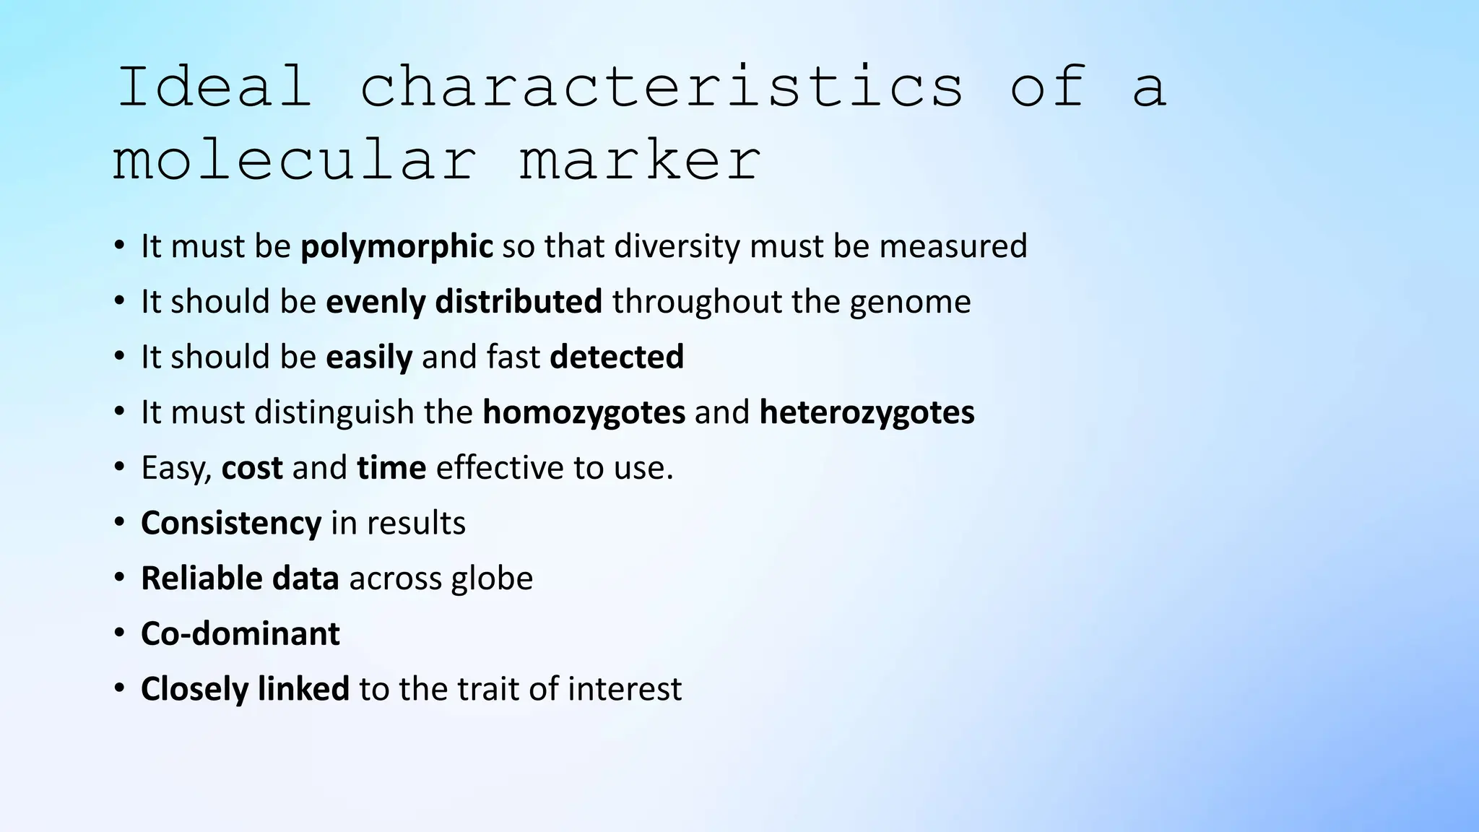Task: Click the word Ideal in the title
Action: click(214, 87)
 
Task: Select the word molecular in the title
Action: click(294, 160)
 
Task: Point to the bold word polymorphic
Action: click(396, 246)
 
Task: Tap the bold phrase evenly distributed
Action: click(464, 302)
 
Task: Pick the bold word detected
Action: click(617, 357)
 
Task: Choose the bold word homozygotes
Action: click(584, 412)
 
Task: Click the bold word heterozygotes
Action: click(867, 412)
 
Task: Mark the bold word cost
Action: click(252, 468)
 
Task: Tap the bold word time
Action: click(391, 468)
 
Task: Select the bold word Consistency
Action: click(231, 523)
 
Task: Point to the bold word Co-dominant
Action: click(240, 634)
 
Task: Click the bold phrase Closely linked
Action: click(245, 689)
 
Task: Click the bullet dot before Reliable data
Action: click(119, 578)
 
